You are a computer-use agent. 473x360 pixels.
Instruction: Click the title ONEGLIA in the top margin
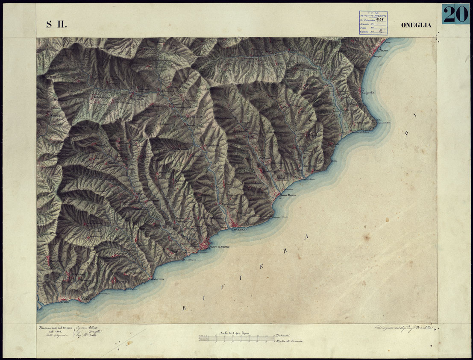(416, 25)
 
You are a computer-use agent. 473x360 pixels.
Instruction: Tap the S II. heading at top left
(56, 24)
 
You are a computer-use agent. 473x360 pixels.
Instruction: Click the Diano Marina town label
(288, 196)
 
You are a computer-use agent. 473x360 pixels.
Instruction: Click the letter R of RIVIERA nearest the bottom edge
(185, 307)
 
